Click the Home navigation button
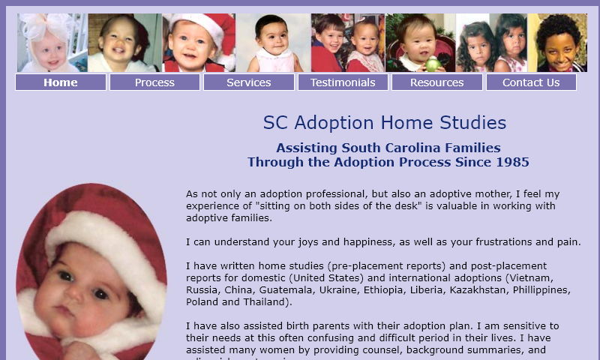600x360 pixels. pyautogui.click(x=61, y=82)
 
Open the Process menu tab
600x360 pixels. pyautogui.click(x=154, y=82)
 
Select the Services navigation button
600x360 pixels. pyautogui.click(x=248, y=82)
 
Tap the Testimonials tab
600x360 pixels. pyautogui.click(x=343, y=82)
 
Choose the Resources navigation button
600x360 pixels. pyautogui.click(x=436, y=82)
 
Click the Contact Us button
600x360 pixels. pyautogui.click(x=531, y=82)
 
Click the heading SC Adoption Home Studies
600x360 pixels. pyautogui.click(x=384, y=123)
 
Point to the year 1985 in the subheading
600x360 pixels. pyautogui.click(x=512, y=162)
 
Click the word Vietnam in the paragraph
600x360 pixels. pyautogui.click(x=550, y=278)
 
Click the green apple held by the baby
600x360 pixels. pyautogui.click(x=433, y=61)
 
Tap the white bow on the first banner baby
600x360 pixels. pyautogui.click(x=37, y=26)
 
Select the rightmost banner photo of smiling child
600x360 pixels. pyautogui.click(x=557, y=43)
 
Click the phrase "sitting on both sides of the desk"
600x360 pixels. pyautogui.click(x=338, y=205)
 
